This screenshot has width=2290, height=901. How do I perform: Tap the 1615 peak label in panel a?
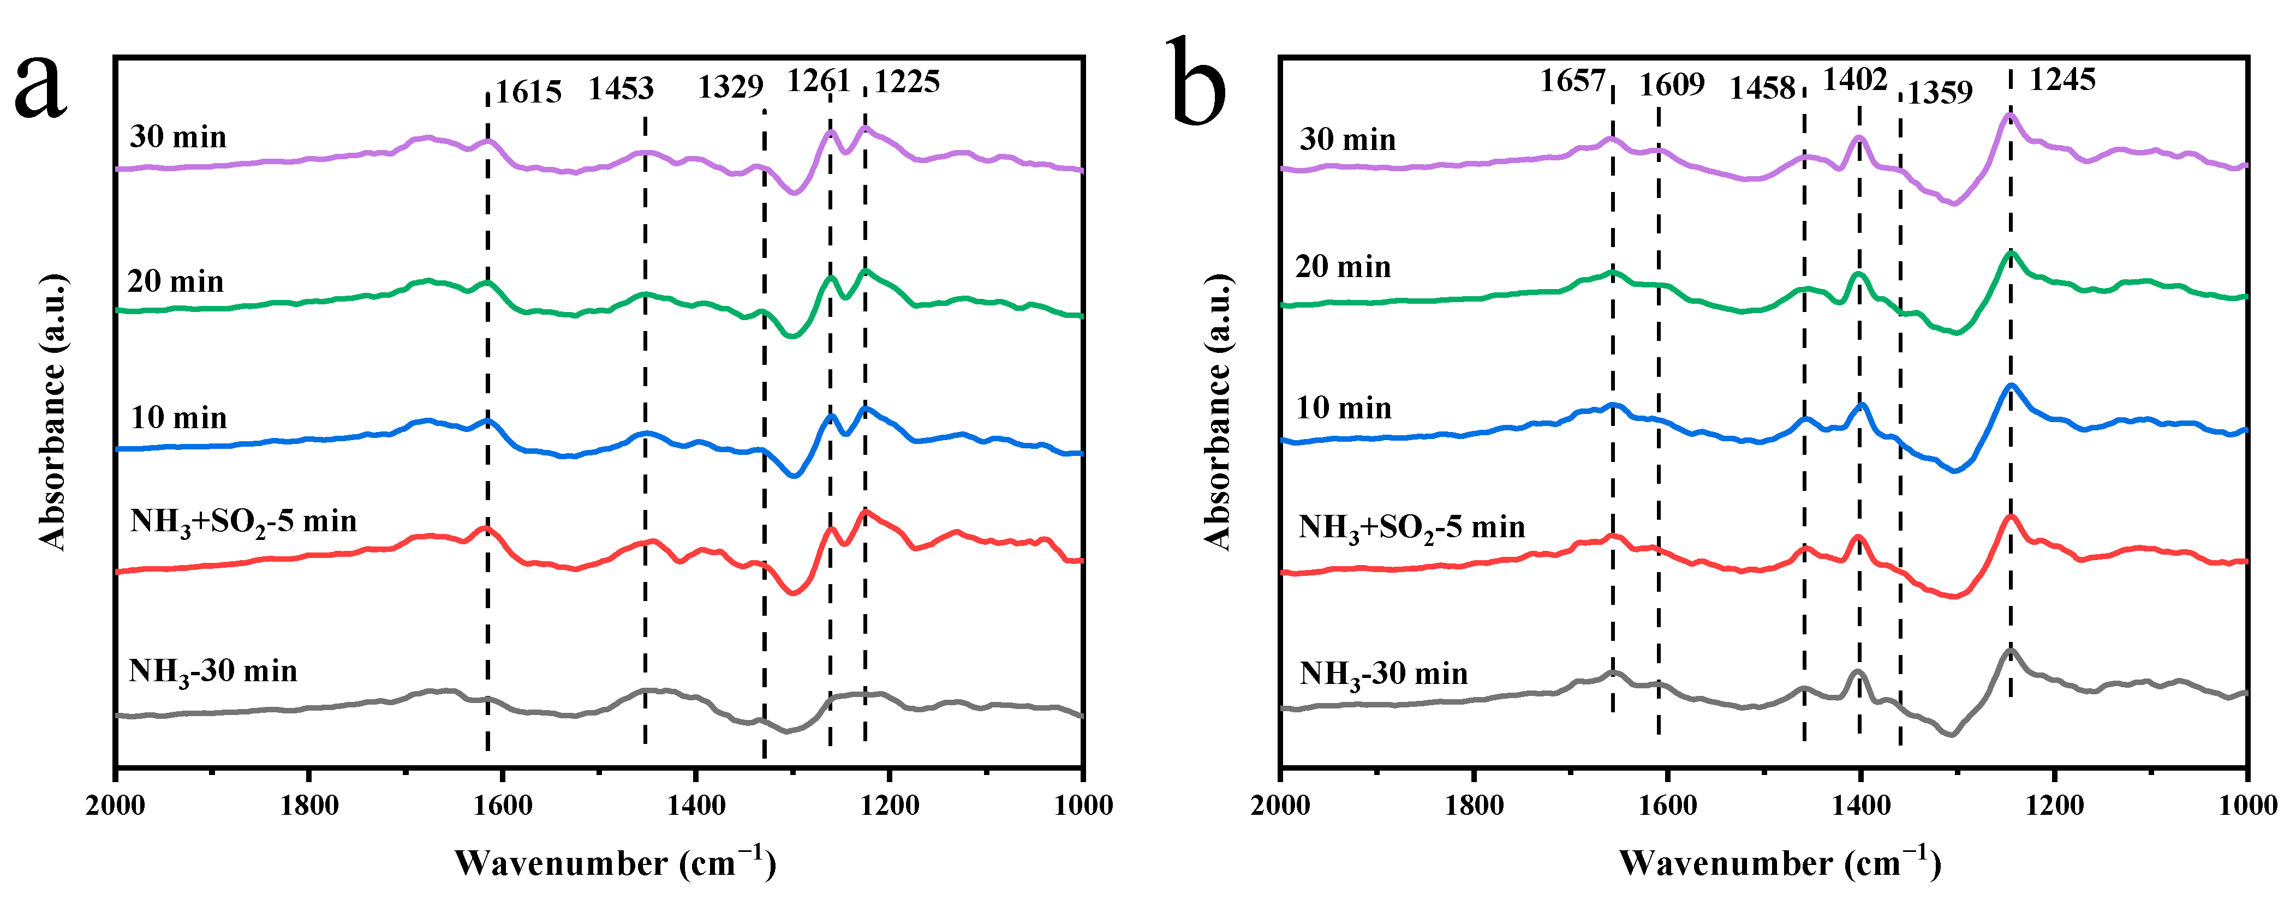coord(528,92)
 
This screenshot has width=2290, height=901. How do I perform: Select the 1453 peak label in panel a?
coord(621,88)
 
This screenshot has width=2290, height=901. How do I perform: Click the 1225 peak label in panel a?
coord(906,82)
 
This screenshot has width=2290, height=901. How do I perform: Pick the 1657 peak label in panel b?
coord(1572,81)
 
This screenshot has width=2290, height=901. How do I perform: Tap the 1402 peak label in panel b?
coord(1854,80)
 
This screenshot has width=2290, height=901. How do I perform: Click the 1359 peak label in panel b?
coord(1940,92)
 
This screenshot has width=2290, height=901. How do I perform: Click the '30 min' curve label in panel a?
coord(178,137)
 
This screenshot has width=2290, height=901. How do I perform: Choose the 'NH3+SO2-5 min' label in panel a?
coord(243,521)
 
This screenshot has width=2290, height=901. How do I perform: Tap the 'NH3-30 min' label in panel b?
coord(1383,675)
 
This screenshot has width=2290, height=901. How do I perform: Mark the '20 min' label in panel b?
coord(1343,267)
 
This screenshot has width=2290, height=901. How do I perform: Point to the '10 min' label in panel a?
coord(178,418)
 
